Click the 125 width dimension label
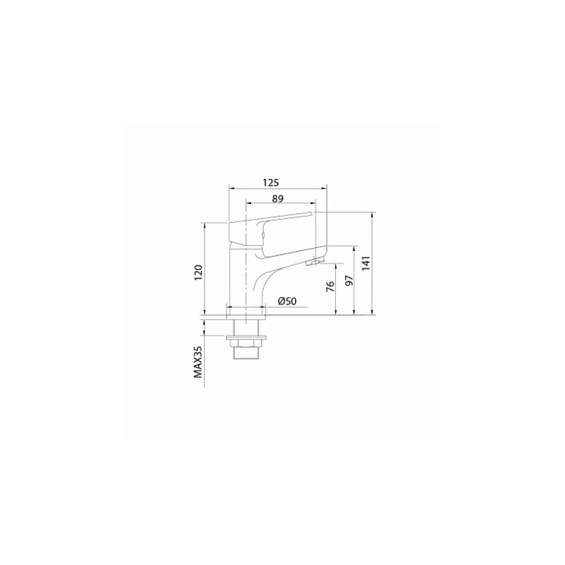click(271, 182)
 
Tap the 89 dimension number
click(278, 198)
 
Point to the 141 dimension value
click(366, 264)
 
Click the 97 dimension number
click(349, 280)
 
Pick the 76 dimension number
click(330, 286)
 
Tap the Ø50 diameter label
click(287, 301)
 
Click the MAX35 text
click(198, 362)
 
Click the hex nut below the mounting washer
click(245, 343)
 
